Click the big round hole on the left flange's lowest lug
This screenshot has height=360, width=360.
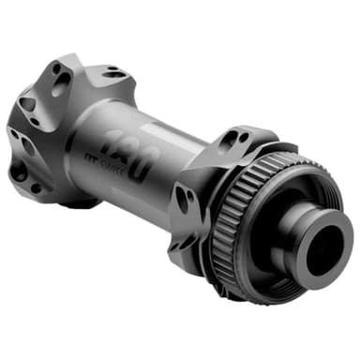(x=19, y=171)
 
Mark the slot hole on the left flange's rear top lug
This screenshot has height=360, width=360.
(x=114, y=71)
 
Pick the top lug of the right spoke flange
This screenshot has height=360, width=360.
(x=234, y=139)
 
